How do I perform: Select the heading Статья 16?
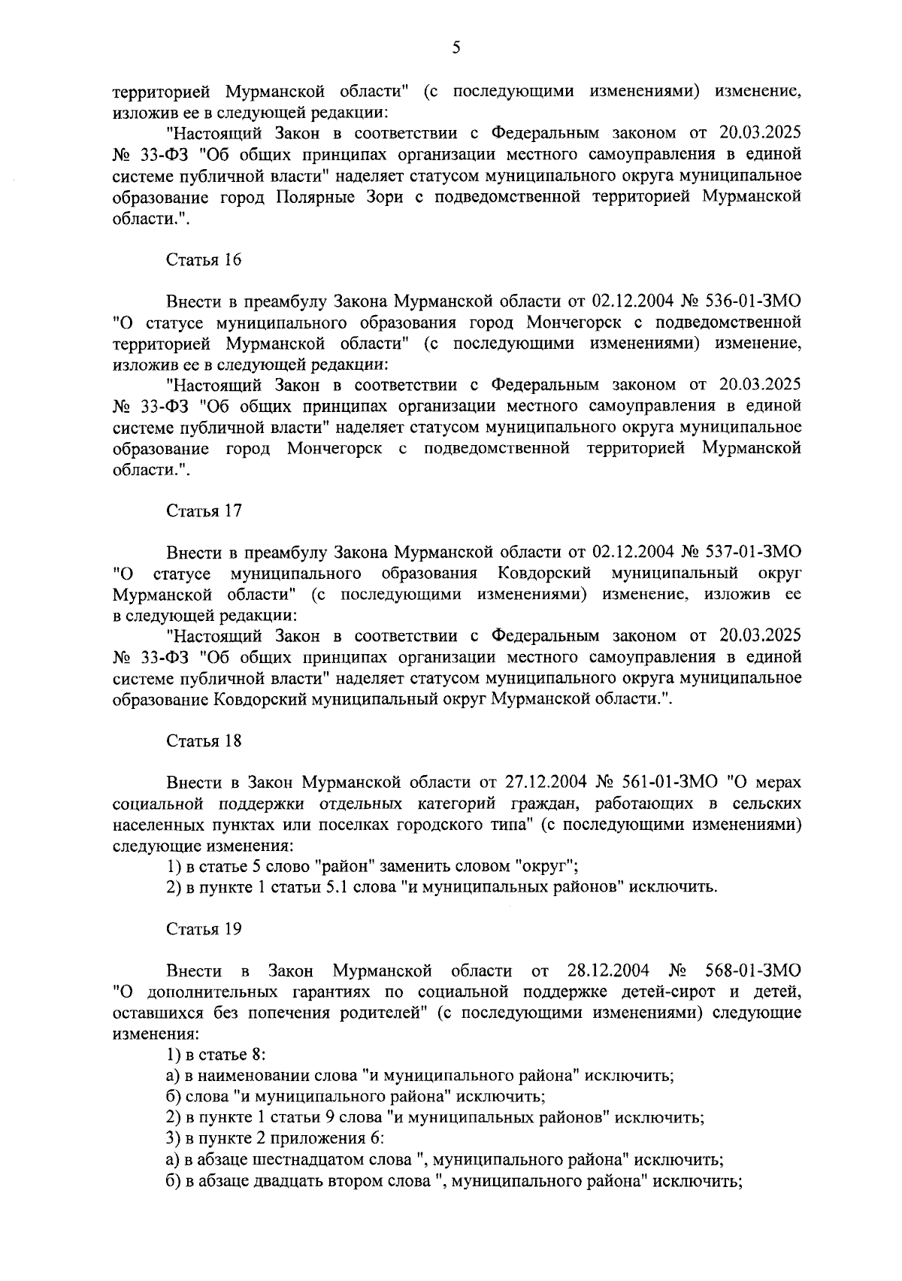204,260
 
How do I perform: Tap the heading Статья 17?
204,510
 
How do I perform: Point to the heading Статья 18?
204,740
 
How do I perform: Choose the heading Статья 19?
204,929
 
